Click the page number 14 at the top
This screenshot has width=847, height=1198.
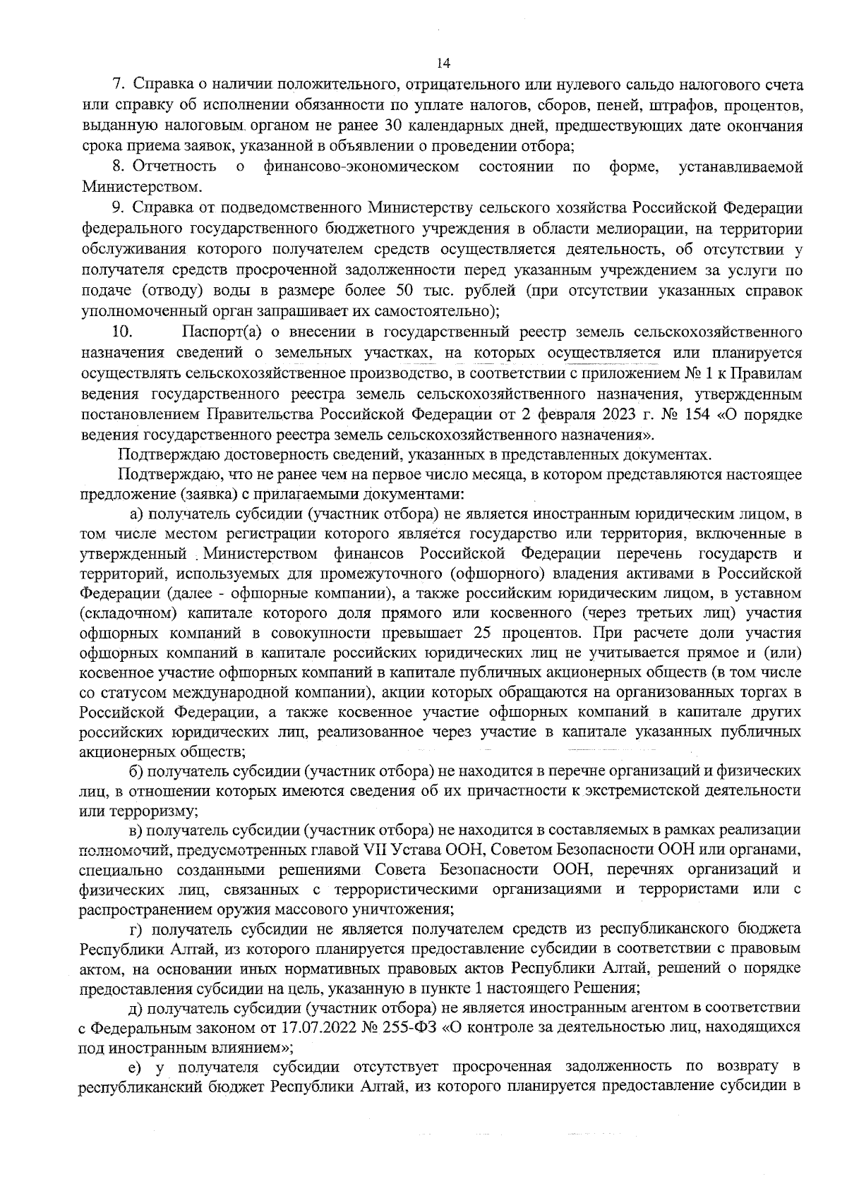pyautogui.click(x=443, y=63)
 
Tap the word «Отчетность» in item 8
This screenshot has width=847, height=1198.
pyautogui.click(x=174, y=167)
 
